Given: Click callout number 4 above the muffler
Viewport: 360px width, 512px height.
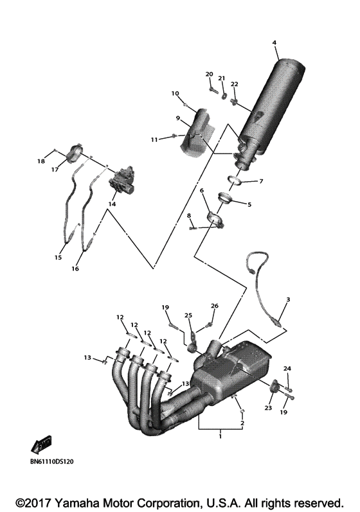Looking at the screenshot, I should (274, 42).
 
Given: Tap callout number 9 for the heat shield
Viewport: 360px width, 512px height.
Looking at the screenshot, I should (179, 118).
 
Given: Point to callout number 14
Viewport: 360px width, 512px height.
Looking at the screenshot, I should (112, 204).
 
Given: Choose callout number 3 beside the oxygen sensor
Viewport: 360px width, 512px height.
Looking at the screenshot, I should (288, 299).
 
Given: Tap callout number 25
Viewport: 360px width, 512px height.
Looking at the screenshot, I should (188, 315).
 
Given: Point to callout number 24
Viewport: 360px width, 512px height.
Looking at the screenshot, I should (287, 369).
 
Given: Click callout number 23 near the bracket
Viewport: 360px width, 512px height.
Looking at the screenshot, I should (268, 408).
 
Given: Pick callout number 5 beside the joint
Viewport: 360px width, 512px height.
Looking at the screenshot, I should (249, 205).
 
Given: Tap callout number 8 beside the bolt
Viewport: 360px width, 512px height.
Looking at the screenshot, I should (189, 215).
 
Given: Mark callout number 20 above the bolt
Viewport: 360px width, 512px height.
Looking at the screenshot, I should (209, 75).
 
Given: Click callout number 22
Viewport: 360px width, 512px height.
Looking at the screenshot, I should (234, 84).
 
